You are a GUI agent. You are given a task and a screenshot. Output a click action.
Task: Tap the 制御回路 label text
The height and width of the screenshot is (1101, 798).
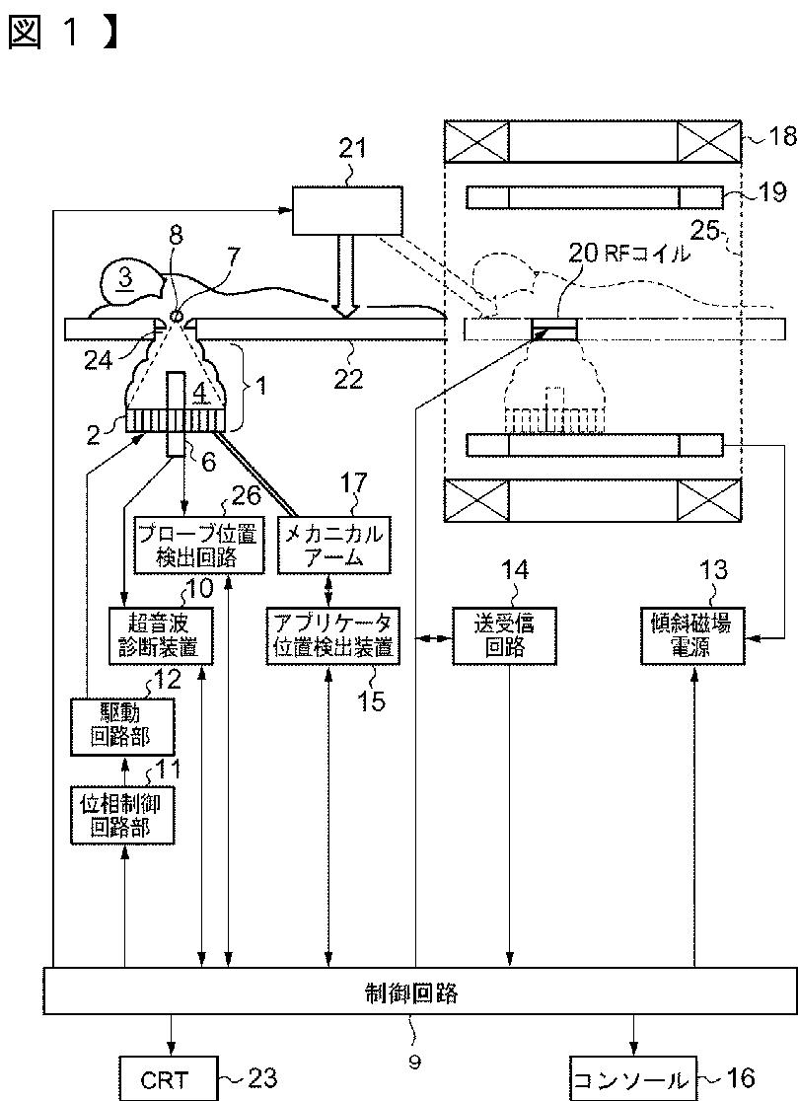[x=412, y=992]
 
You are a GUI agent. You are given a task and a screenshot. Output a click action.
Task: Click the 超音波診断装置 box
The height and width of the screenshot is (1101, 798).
[x=162, y=635]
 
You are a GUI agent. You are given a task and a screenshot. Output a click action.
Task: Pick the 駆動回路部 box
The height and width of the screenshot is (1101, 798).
[x=122, y=726]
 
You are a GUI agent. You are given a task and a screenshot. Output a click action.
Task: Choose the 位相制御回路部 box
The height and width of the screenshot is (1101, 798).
[x=122, y=815]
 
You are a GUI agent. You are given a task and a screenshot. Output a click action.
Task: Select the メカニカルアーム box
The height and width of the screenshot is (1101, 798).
[x=333, y=545]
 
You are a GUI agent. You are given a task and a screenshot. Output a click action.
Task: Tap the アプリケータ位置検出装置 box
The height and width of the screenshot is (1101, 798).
[x=333, y=635]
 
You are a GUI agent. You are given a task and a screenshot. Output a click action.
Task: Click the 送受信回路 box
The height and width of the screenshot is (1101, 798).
[x=505, y=635]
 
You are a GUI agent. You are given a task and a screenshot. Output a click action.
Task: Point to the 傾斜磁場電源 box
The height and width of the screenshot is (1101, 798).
[x=692, y=635]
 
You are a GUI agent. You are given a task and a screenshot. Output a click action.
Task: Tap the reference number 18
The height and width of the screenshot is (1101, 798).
[x=781, y=135]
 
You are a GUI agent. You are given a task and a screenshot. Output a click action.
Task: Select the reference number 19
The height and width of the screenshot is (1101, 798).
[x=771, y=191]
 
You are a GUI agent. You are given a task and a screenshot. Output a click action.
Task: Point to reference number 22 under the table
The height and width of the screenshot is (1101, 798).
[x=349, y=379]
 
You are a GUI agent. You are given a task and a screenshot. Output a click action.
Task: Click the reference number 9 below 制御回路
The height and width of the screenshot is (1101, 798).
[x=414, y=1063]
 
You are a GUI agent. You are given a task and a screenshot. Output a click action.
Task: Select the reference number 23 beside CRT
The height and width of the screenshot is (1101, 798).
[x=261, y=1078]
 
